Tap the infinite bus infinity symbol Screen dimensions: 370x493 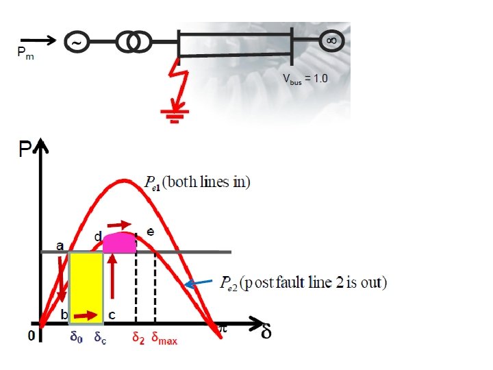point(331,40)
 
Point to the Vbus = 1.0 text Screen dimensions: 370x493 point(305,78)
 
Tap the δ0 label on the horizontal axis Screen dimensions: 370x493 point(77,337)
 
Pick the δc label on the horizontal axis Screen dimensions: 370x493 point(99,337)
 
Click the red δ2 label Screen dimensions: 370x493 point(138,337)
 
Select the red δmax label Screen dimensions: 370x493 point(164,338)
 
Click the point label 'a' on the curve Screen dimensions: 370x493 point(60,245)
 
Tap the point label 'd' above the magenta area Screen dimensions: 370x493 point(98,236)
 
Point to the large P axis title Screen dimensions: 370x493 point(25,150)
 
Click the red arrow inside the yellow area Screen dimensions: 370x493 point(86,315)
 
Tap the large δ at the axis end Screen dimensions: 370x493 point(266,333)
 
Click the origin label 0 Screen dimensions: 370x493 point(31,336)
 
